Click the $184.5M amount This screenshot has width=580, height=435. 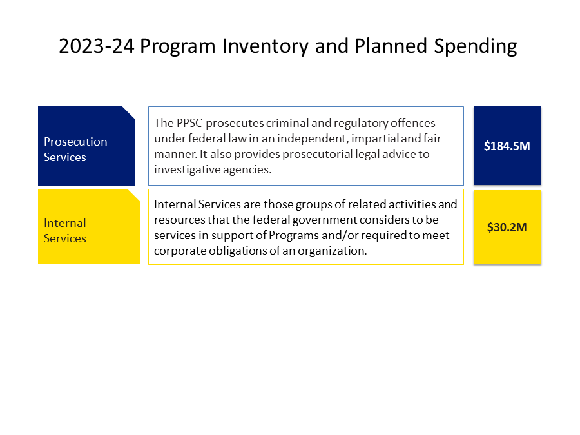pyautogui.click(x=507, y=146)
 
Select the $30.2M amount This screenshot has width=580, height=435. pyautogui.click(x=507, y=227)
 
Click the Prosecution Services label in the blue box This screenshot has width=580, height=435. pyautogui.click(x=75, y=150)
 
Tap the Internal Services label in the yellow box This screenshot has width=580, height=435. pyautogui.click(x=64, y=231)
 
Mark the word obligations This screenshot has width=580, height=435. pyautogui.click(x=244, y=251)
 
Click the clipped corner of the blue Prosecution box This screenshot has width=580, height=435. pyautogui.click(x=130, y=112)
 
